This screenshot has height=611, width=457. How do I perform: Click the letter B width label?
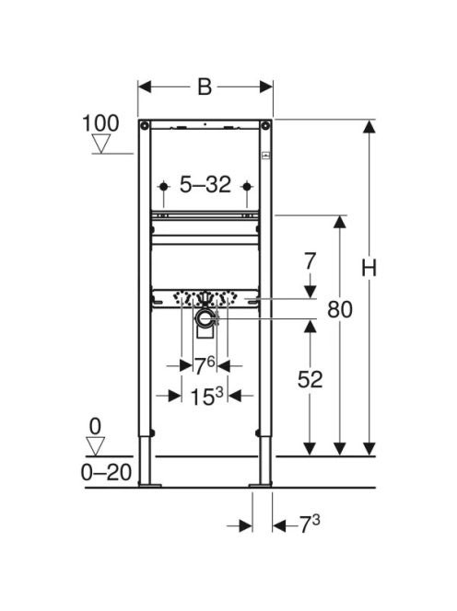point(205,86)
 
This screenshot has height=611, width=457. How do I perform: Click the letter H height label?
point(369,269)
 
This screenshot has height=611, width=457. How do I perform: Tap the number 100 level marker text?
point(100,123)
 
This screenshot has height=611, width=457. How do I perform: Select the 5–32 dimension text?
point(205,184)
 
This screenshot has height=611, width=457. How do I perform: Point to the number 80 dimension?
point(340,310)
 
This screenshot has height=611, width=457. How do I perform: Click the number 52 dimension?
point(310,379)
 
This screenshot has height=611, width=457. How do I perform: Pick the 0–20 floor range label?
point(106,473)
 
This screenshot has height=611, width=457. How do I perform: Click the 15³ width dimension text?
point(206,397)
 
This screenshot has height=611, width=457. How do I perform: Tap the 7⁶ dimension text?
point(205,366)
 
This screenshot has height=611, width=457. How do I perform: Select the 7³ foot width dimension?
point(310,525)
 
